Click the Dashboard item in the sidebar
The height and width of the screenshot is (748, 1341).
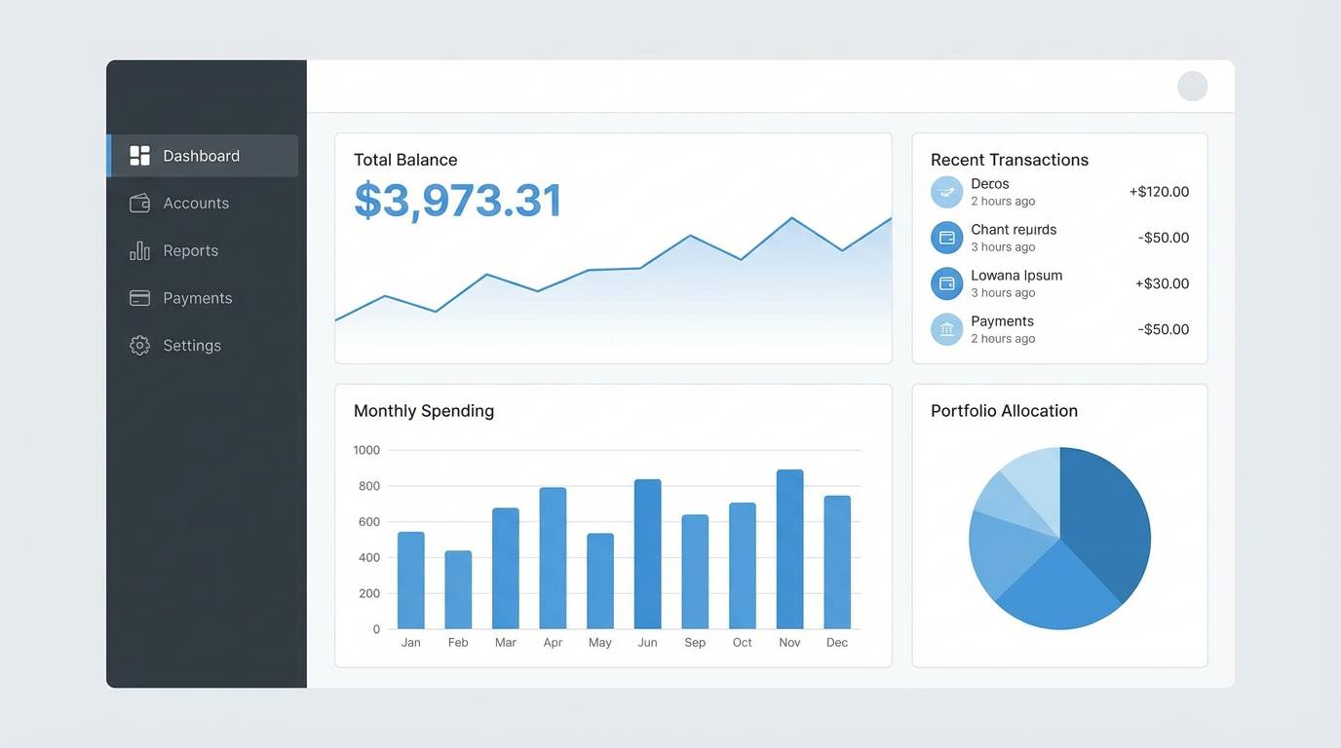tap(201, 156)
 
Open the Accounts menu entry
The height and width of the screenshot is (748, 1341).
tap(195, 204)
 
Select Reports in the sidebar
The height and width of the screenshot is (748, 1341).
tap(190, 250)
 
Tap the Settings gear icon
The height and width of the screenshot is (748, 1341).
tap(139, 346)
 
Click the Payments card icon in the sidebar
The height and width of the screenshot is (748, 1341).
tap(139, 298)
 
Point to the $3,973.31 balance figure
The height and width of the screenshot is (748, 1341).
tap(457, 201)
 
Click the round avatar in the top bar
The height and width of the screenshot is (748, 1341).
tap(1192, 87)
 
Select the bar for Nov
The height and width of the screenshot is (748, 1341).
tap(789, 549)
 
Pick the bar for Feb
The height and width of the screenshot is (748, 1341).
tap(458, 589)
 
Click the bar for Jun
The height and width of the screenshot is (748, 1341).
tap(647, 554)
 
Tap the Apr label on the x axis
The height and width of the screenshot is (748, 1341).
tap(553, 643)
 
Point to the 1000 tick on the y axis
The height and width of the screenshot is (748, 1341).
tap(366, 450)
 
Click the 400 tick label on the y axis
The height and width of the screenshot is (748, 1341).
tap(368, 558)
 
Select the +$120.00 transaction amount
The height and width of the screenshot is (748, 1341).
tap(1159, 192)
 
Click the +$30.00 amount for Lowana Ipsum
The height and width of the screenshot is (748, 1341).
tap(1162, 284)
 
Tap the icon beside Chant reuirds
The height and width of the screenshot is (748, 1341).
tap(946, 238)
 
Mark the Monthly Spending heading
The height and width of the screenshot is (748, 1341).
tap(423, 411)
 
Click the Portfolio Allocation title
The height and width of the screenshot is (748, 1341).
tap(1004, 411)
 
